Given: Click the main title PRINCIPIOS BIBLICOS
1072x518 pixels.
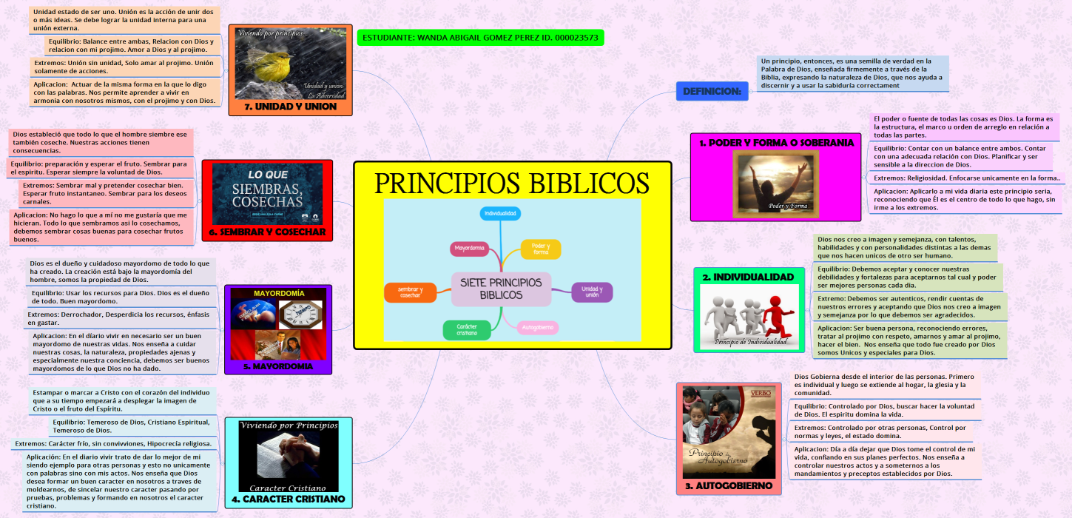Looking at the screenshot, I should pos(512,183).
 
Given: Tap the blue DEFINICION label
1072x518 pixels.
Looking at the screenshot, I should pos(711,91).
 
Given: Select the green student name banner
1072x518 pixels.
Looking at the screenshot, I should pos(480,37).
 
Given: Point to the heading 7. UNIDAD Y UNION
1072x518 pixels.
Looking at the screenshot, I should pos(290,107).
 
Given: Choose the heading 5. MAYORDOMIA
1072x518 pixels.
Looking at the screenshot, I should pos(278,366).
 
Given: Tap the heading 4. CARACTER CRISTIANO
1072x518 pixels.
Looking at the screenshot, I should pos(288,499).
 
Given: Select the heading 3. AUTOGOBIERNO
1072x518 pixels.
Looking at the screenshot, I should pos(729,485).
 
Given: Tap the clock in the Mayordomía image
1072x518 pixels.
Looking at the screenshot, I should pos(301,315).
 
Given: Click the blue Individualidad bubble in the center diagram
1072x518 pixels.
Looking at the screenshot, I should pos(501,213).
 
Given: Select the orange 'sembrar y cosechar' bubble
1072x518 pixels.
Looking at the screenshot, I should pos(411,292).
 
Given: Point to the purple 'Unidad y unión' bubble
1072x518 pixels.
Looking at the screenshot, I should pos(592,292).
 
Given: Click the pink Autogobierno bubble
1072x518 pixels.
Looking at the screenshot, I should pos(537,326).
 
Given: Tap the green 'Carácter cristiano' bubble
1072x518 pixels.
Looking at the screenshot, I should pos(467,329).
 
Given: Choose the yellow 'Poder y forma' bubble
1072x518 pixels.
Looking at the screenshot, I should pos(541,249).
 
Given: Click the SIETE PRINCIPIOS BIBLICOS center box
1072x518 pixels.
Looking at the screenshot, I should pos(501,289).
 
